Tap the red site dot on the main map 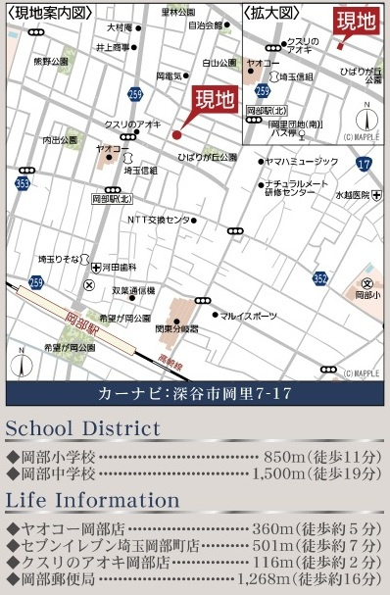point(176,134)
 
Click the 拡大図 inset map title point(268,13)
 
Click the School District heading point(82,429)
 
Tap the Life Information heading point(93,500)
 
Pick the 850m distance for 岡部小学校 point(285,457)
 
